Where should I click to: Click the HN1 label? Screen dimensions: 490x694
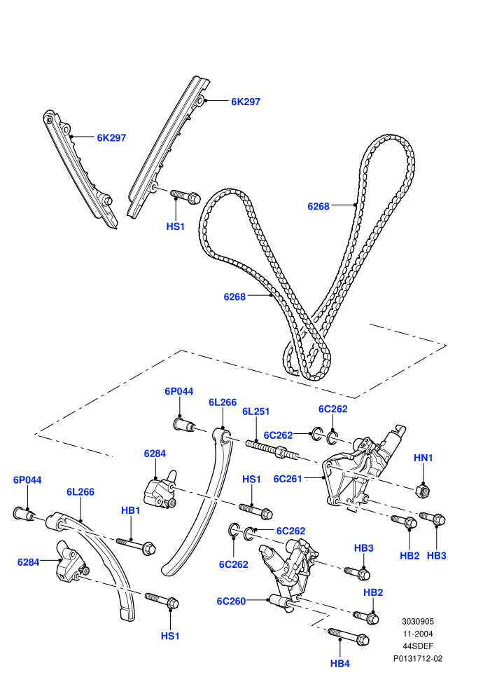click(423, 458)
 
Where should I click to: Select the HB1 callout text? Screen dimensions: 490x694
click(130, 510)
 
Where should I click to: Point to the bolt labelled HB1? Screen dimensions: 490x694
click(136, 545)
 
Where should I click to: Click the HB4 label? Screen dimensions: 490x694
click(339, 663)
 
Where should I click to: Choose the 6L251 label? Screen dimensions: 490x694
click(255, 411)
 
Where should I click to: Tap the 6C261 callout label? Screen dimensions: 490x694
click(288, 479)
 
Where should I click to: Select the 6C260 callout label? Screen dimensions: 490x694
click(231, 601)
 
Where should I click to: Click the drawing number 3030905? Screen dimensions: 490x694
click(417, 621)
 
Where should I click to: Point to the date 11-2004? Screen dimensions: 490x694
click(418, 634)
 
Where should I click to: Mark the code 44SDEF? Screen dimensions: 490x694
click(418, 646)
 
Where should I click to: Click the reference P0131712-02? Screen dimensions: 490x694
click(418, 658)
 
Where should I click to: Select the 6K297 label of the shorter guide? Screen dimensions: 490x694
click(111, 137)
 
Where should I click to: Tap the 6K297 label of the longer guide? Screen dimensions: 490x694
click(246, 102)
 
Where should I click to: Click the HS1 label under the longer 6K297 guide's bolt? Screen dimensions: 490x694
click(176, 226)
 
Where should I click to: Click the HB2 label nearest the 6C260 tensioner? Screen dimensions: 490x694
click(373, 592)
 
